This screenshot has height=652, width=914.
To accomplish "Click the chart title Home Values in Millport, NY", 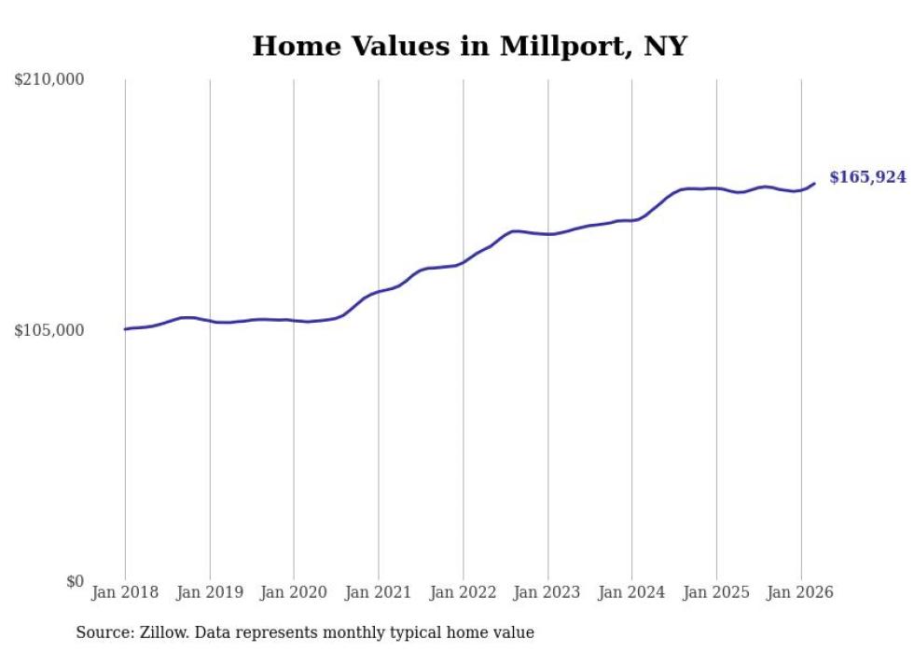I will click(x=469, y=46).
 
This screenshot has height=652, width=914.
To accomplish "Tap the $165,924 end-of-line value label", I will click(x=867, y=177).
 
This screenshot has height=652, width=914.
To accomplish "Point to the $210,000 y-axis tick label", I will click(x=49, y=79).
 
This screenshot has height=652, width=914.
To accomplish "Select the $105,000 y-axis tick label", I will click(x=49, y=330).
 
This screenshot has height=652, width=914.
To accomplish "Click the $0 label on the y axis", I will click(x=76, y=581).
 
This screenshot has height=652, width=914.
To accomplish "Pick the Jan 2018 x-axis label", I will click(x=125, y=592).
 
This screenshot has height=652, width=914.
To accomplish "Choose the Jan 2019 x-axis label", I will click(x=210, y=592).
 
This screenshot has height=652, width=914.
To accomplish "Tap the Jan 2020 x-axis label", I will click(x=294, y=592).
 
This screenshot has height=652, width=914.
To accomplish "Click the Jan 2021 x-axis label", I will click(x=379, y=592).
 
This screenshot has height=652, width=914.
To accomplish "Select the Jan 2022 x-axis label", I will click(x=463, y=592).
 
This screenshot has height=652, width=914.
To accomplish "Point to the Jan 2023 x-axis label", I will click(x=547, y=592).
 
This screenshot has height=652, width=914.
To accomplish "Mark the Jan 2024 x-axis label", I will click(x=631, y=592).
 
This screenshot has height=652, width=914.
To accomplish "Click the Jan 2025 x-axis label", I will click(x=716, y=592).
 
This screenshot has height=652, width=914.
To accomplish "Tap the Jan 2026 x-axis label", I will click(x=800, y=592).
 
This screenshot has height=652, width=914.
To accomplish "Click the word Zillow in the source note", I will click(x=160, y=632).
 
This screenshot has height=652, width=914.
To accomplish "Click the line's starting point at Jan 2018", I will click(x=125, y=329).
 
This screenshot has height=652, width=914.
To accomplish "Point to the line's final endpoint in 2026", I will click(x=814, y=183).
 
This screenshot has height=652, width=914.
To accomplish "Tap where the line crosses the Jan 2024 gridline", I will click(x=631, y=220).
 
